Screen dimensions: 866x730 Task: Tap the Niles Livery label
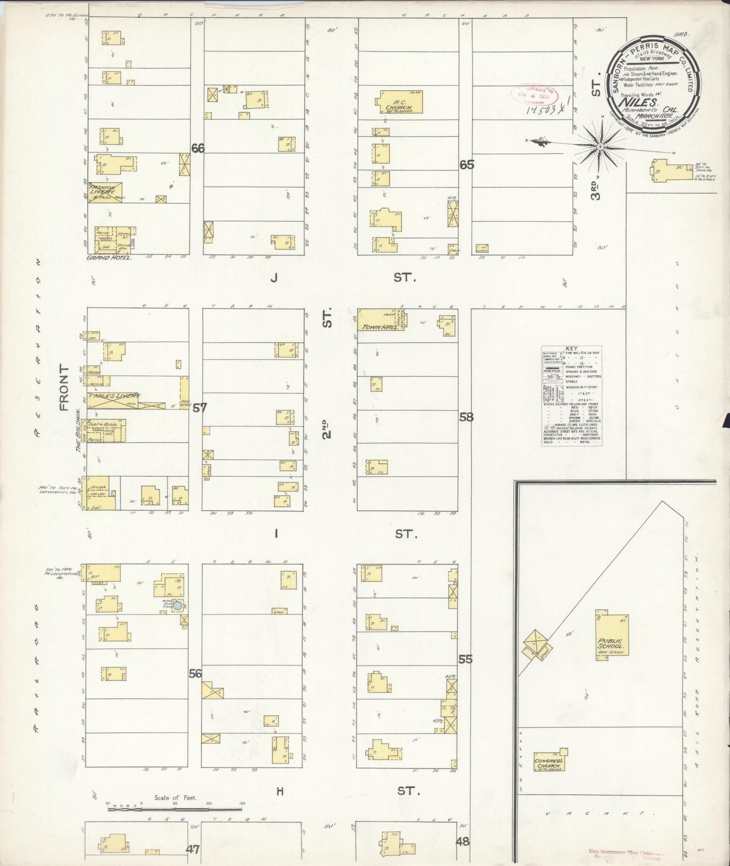pos(117,397)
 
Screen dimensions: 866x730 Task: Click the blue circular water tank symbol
pos(178,605)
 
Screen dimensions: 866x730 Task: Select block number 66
pos(198,149)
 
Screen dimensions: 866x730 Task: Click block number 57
pos(200,407)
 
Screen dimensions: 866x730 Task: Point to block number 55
pos(465,659)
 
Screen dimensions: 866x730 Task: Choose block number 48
pos(462,841)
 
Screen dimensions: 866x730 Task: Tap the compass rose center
pos(600,147)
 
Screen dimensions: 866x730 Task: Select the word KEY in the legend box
pos(571,349)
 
